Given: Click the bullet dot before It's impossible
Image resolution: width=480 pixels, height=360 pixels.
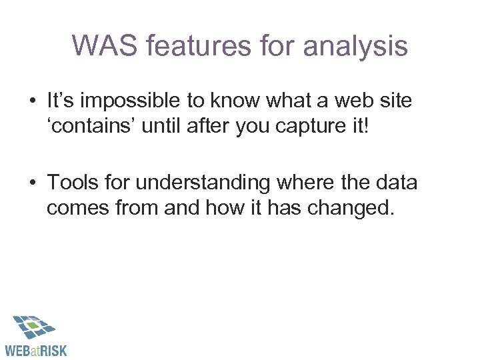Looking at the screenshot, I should coord(31,101).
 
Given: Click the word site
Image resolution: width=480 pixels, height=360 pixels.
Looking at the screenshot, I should coord(397,101).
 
